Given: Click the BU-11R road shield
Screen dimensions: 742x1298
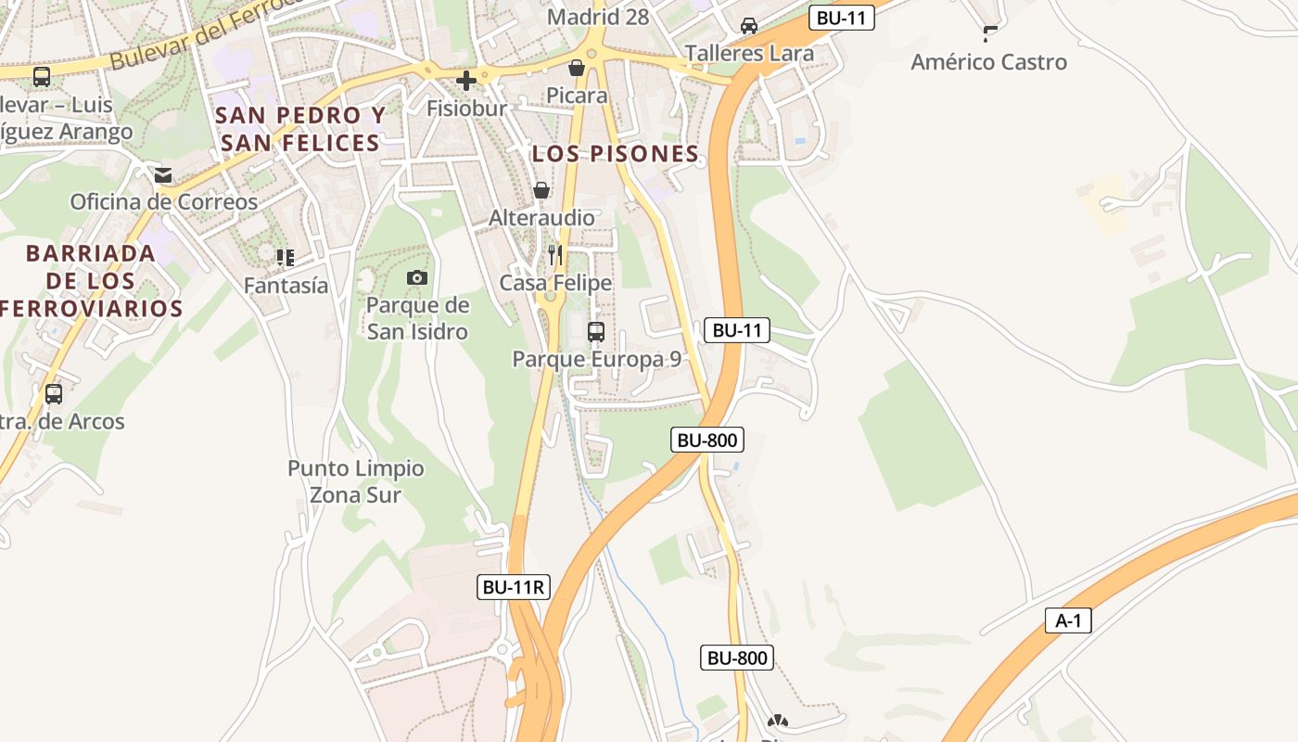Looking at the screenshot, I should click(514, 587).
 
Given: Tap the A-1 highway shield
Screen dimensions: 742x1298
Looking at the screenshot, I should click(1068, 620).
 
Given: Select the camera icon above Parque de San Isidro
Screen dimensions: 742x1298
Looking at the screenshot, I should click(417, 277).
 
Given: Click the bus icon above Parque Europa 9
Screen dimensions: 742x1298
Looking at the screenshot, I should click(596, 331).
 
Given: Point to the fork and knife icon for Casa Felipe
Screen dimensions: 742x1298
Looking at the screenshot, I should click(555, 255).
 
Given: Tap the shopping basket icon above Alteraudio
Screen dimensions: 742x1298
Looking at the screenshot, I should click(541, 190).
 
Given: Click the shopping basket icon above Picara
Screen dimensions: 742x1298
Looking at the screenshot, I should click(577, 68).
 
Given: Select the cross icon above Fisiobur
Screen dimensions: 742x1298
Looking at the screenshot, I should click(466, 81).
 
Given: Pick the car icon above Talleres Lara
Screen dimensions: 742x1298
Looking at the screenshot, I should click(749, 26).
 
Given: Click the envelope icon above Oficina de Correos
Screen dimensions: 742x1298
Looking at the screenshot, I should click(163, 174).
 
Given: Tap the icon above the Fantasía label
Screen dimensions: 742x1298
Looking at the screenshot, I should click(286, 258).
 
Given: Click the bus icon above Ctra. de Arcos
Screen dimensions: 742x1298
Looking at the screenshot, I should click(54, 394).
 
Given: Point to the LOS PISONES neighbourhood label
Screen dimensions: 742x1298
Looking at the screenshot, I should click(616, 155).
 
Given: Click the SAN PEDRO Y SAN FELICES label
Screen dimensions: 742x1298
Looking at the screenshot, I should click(300, 129).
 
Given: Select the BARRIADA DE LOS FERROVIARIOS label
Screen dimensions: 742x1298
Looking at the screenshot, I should click(91, 281).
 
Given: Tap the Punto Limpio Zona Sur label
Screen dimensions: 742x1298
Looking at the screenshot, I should click(356, 481).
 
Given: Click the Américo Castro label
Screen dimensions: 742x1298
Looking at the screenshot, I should click(988, 62).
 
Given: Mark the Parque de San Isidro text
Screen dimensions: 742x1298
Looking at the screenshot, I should click(417, 318).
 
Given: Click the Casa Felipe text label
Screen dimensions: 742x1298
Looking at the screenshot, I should click(555, 283).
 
